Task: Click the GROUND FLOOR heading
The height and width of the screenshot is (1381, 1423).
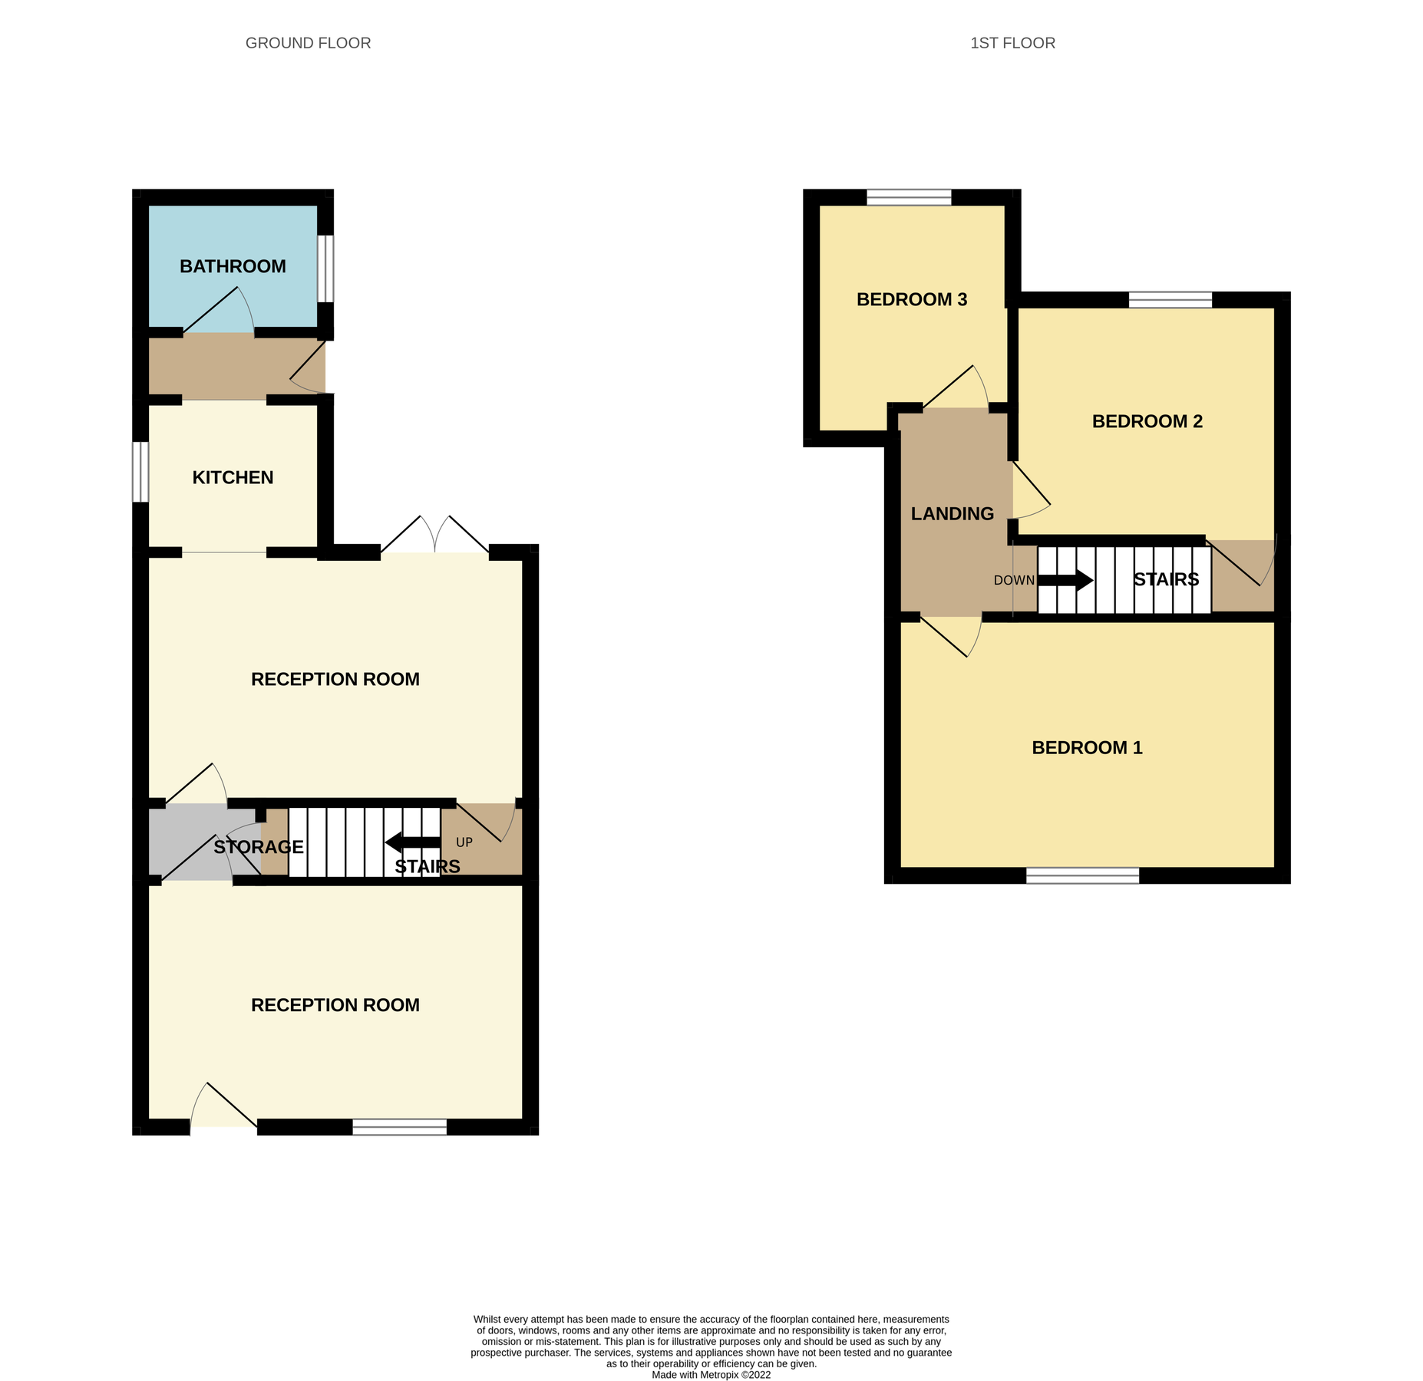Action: (308, 43)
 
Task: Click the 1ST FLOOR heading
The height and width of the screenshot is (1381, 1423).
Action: (1012, 43)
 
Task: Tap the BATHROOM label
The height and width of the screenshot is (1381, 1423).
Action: (233, 266)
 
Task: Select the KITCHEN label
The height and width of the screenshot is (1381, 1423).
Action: (233, 477)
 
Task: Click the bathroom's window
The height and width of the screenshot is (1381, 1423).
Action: (325, 269)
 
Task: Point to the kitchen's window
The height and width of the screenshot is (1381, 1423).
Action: (140, 472)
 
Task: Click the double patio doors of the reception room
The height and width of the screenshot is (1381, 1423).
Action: (434, 537)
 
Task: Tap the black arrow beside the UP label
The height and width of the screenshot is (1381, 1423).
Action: (412, 842)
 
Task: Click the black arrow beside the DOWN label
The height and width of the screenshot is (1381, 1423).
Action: (1065, 580)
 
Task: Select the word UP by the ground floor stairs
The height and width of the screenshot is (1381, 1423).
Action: (464, 842)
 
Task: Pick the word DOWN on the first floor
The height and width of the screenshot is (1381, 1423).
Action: (1014, 580)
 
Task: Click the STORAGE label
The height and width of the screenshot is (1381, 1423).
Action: (259, 847)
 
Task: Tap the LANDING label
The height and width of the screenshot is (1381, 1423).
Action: (952, 513)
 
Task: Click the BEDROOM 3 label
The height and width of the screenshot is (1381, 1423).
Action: (911, 299)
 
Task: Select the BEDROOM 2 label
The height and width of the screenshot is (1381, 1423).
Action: (1147, 421)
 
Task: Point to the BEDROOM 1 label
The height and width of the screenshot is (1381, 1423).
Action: (1086, 747)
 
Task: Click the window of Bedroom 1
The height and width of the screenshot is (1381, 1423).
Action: (1082, 875)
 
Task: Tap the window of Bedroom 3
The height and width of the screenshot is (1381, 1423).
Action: (909, 197)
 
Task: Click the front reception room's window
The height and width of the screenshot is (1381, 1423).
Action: (399, 1126)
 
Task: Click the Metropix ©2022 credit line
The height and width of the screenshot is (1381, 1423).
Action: (711, 1375)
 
